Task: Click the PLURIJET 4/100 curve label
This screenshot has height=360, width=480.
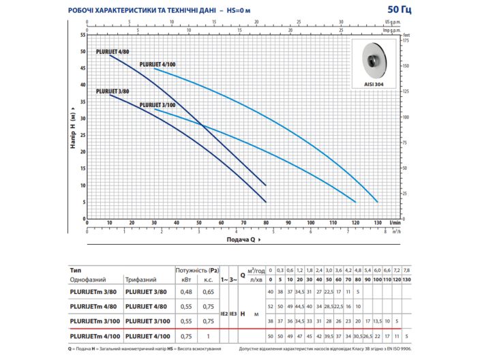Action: tap(157, 63)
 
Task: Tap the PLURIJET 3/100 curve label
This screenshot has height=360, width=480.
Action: tap(157, 105)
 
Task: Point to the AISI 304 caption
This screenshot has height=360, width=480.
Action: tap(374, 85)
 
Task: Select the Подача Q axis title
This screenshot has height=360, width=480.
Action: tap(241, 240)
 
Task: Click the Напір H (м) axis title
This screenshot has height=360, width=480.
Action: tap(72, 127)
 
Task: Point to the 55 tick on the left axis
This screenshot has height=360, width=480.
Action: tap(82, 35)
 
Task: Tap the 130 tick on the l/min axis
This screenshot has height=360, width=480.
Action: tap(377, 222)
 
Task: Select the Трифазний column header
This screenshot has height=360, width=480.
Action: tap(141, 279)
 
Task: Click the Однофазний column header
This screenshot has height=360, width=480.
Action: tap(90, 279)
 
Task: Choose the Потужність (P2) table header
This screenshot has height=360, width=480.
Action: tap(198, 269)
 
